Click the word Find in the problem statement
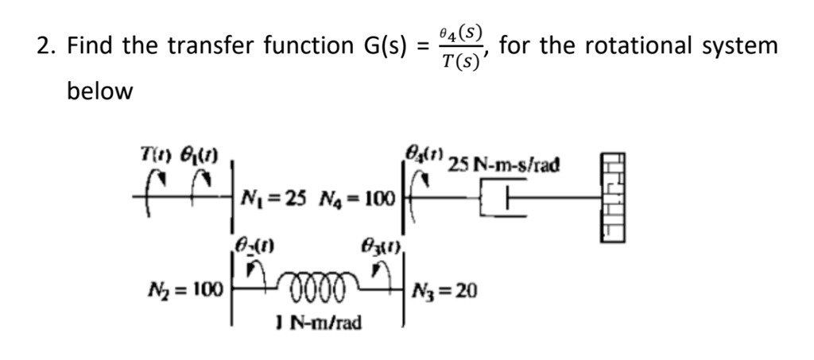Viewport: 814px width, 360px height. tap(90, 46)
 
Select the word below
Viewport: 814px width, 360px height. tap(99, 91)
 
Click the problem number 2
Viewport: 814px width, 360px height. tap(45, 46)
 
